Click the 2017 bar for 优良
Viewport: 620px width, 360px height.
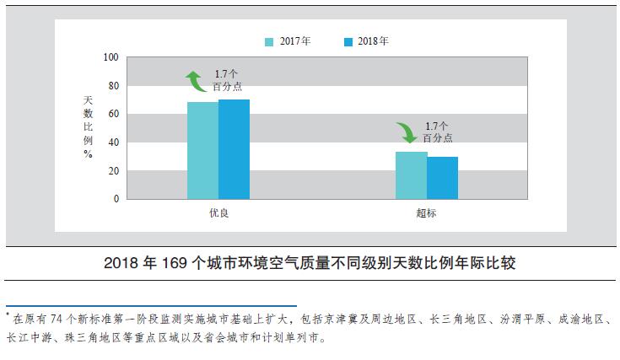(202, 150)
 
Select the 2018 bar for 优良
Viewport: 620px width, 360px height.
(234, 149)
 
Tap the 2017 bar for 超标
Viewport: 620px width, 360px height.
(411, 175)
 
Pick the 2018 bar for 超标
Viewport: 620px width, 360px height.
(442, 178)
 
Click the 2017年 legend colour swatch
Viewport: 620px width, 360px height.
(269, 41)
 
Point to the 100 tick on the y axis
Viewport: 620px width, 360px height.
(111, 57)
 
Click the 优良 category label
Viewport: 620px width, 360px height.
(218, 213)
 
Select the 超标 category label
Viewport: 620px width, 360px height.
(427, 213)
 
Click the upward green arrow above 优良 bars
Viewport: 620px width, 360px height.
(196, 81)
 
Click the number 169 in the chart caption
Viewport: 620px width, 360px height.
(175, 263)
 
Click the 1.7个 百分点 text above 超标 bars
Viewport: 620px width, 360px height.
(438, 131)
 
